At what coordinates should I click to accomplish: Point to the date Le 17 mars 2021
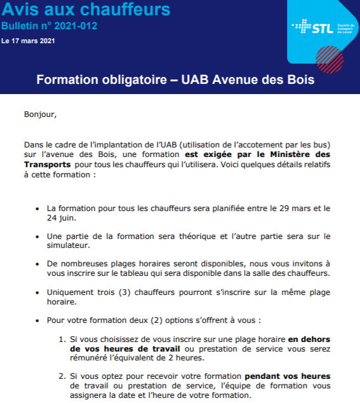click(28, 41)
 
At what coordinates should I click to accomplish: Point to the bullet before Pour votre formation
click(39, 320)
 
